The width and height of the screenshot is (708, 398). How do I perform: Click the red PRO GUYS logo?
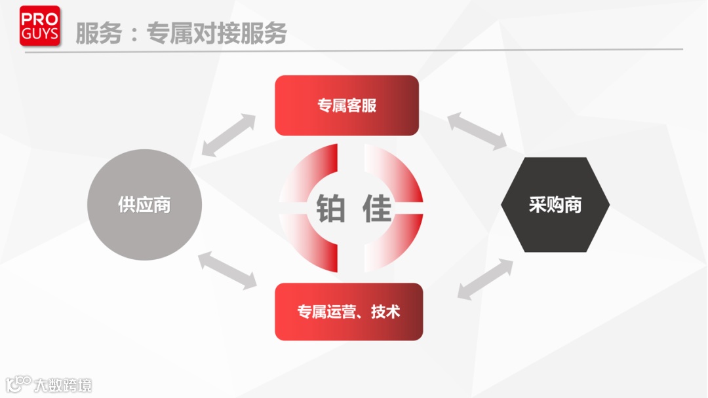click(39, 26)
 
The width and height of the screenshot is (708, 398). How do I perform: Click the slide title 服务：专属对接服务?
click(181, 33)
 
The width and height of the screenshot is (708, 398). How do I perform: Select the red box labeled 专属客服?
click(346, 105)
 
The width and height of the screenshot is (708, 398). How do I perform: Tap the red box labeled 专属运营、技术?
click(349, 312)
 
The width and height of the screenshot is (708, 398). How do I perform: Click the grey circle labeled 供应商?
click(144, 205)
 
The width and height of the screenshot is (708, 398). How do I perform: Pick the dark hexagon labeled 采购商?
click(555, 205)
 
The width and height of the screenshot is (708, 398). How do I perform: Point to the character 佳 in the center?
click(377, 208)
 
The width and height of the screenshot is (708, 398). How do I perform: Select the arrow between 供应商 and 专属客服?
click(229, 135)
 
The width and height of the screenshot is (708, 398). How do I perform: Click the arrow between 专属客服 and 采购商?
click(477, 131)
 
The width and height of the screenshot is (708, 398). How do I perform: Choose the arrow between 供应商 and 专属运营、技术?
click(227, 269)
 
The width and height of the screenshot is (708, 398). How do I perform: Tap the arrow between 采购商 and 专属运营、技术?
click(485, 280)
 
